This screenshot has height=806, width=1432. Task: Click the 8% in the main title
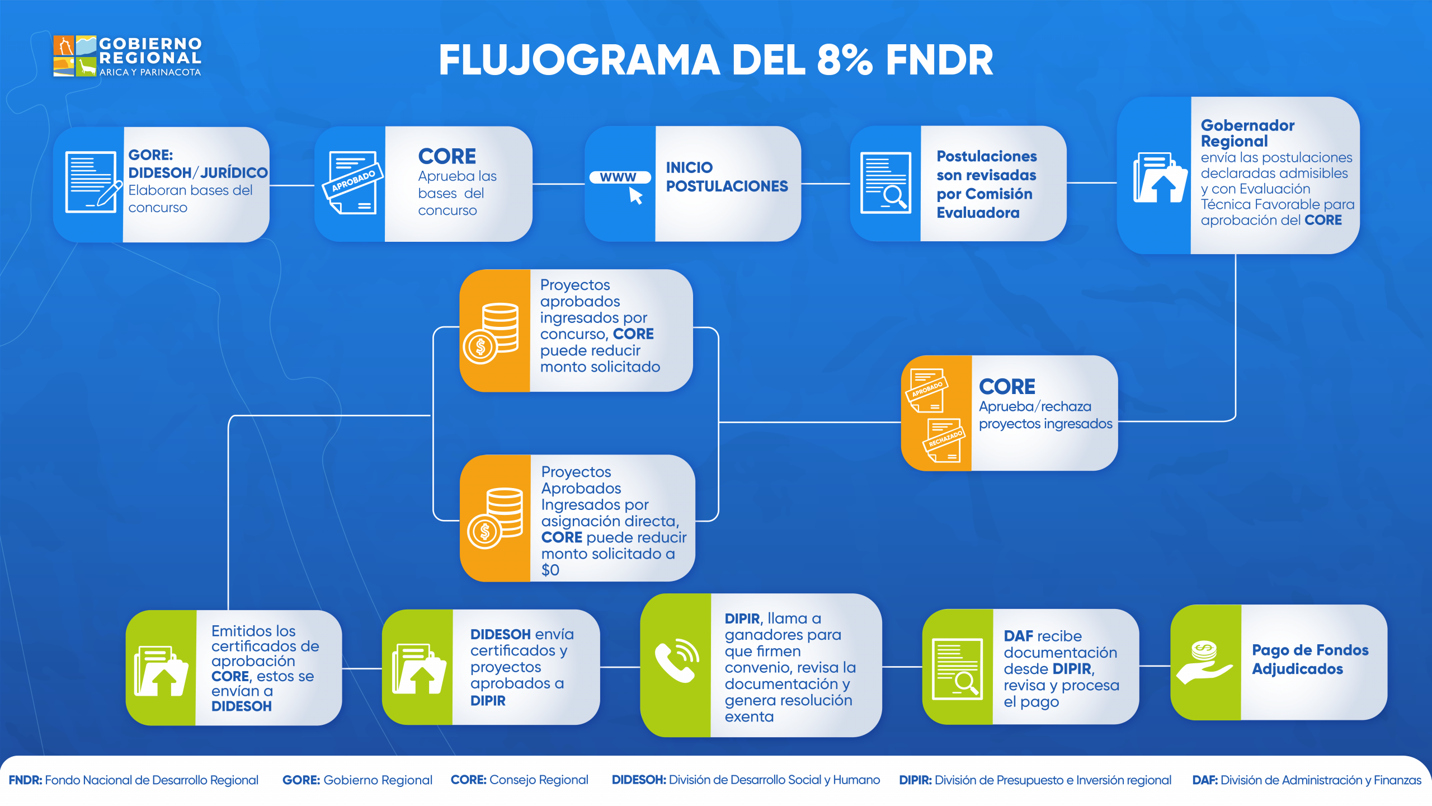(845, 60)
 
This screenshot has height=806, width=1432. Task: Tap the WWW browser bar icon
(620, 178)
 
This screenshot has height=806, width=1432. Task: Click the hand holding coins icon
(1204, 662)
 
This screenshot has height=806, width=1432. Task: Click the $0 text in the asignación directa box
(550, 570)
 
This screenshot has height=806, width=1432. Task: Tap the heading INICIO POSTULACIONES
(727, 176)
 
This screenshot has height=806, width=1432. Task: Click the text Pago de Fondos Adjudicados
(1309, 659)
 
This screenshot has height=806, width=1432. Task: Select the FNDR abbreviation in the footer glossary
(25, 780)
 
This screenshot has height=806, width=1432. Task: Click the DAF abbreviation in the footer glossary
(1204, 780)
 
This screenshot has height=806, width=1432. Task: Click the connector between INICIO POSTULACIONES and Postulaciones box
(826, 184)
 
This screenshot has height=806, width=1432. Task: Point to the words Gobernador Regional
(1247, 133)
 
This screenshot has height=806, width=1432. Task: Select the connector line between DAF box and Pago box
(1155, 666)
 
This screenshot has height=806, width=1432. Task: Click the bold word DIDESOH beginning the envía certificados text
(500, 635)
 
